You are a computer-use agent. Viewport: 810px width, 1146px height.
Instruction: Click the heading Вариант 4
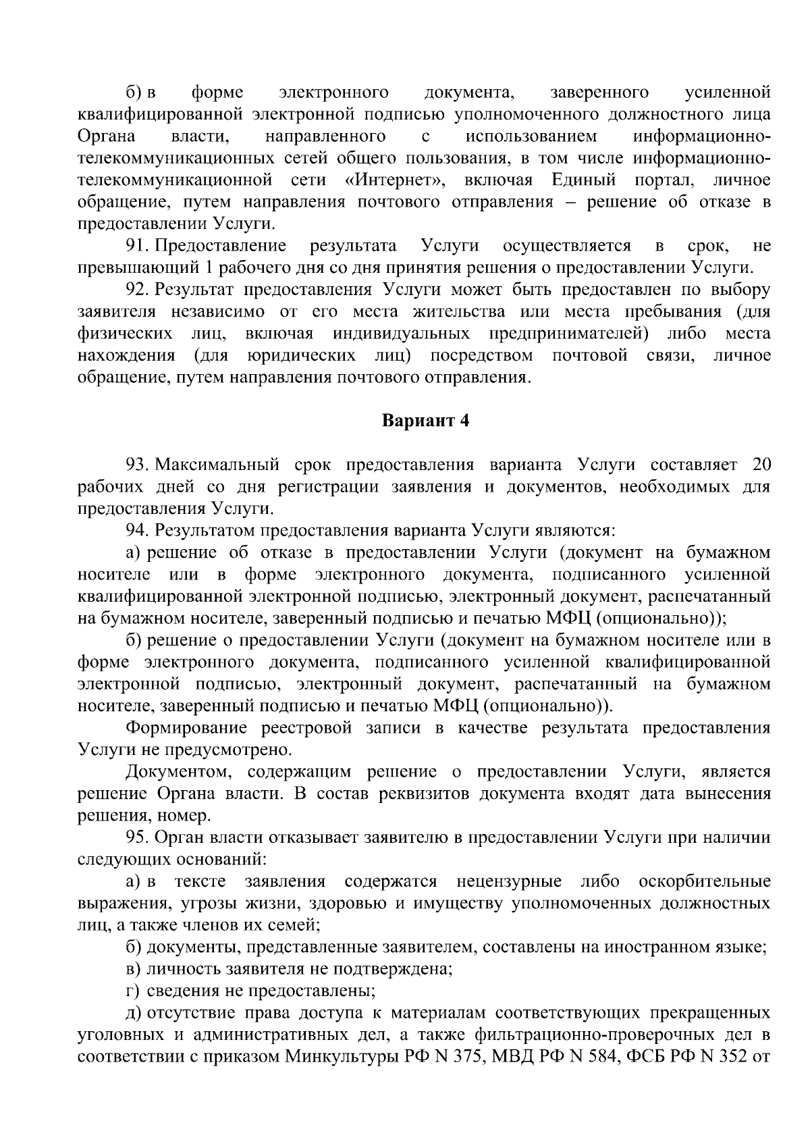[x=425, y=421]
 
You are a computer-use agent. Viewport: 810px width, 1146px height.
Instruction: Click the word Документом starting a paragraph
[x=176, y=773]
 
